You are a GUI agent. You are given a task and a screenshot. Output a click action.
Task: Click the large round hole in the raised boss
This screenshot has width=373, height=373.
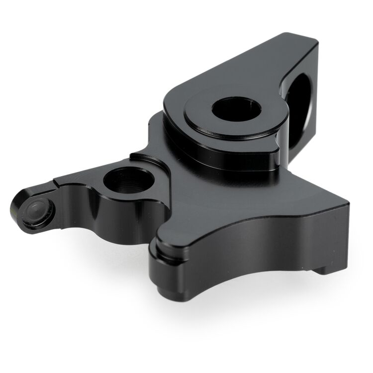(236, 109)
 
